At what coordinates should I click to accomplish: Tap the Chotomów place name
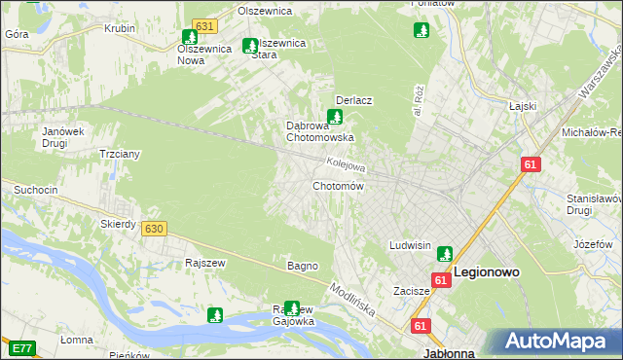point(338,186)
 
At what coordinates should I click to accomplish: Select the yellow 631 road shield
point(203,26)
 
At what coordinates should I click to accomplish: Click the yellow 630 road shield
point(153,229)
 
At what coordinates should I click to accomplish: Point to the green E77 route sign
point(20,346)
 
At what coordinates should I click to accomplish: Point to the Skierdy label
point(118,224)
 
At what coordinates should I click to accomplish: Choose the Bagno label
point(302,265)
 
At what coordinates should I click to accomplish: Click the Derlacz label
point(355,100)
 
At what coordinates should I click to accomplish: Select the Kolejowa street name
point(346,166)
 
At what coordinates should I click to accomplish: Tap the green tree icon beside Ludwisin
point(445,253)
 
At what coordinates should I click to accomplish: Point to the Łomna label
point(76,340)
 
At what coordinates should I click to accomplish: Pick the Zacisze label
point(412,291)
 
